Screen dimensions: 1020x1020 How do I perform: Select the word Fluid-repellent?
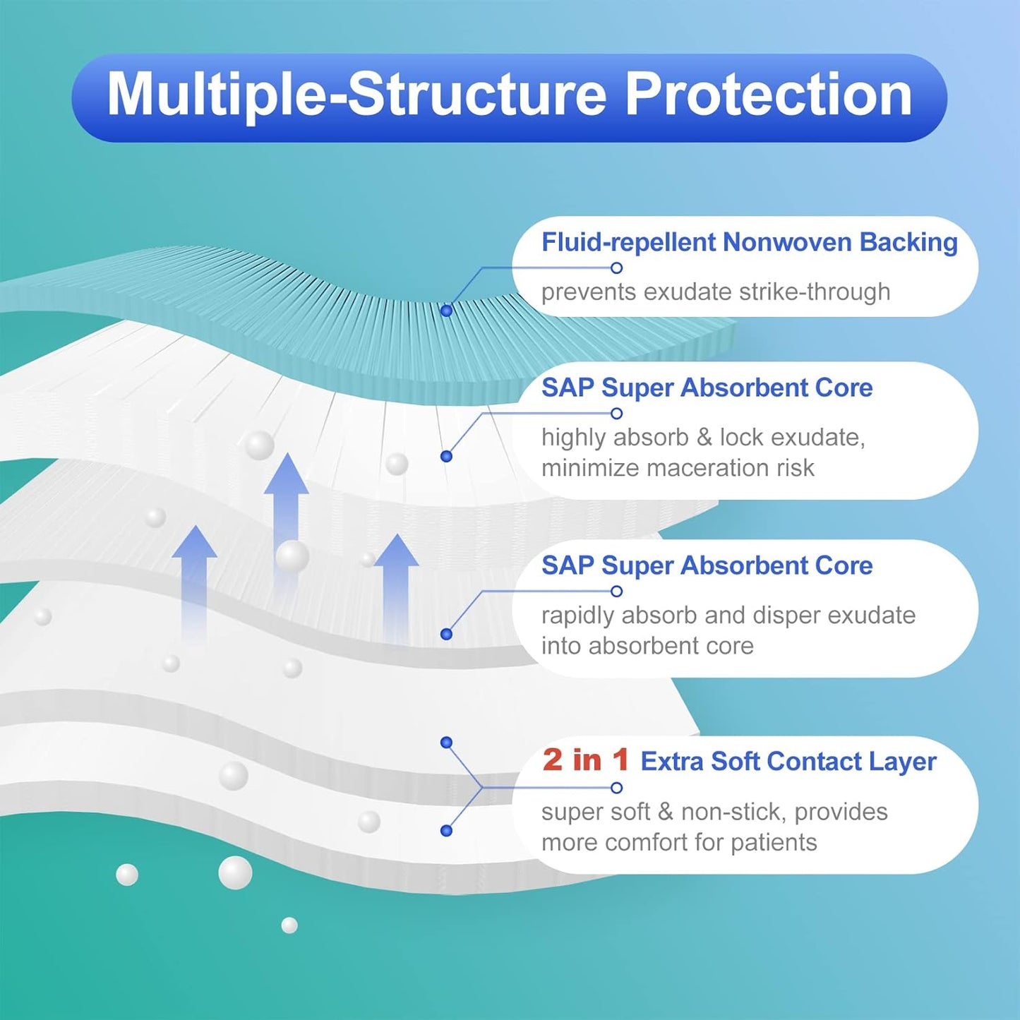[628, 242]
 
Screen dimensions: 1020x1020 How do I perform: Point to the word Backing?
[908, 242]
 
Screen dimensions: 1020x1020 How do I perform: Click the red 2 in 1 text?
[585, 760]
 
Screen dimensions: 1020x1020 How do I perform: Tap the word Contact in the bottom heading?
[814, 761]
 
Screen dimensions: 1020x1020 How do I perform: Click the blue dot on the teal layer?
[446, 311]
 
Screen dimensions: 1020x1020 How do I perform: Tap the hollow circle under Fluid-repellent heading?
[616, 268]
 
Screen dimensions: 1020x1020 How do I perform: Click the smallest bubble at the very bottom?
[289, 925]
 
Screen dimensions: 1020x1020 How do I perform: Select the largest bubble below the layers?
[235, 873]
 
